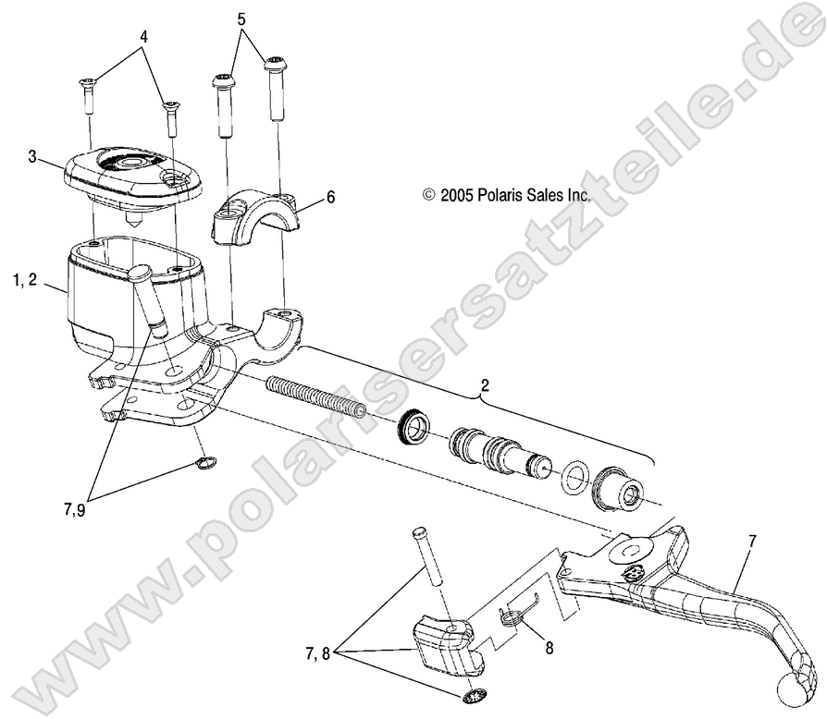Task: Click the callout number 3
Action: click(x=32, y=157)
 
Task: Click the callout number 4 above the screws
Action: click(x=143, y=37)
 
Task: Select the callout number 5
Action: click(x=242, y=18)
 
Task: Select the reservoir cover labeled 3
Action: click(x=134, y=177)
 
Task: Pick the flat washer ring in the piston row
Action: click(x=575, y=477)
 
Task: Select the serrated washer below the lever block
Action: click(x=476, y=695)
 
